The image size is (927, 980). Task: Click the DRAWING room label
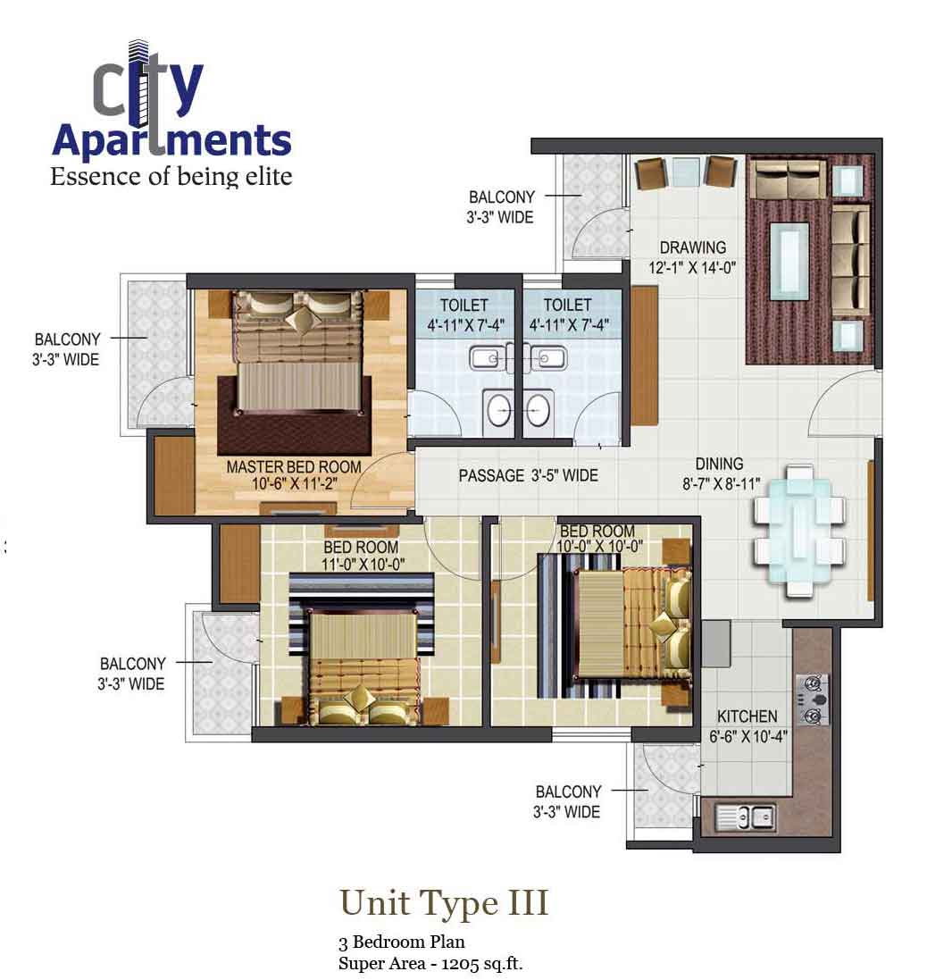[692, 247]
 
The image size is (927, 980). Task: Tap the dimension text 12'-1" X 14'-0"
[692, 268]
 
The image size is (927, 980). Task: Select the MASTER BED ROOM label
[294, 467]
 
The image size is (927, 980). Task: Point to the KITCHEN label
[747, 716]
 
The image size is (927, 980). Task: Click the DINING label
[720, 464]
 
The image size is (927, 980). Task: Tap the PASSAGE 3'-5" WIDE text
[529, 475]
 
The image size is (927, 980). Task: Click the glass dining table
[799, 532]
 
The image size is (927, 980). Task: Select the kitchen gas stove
[812, 700]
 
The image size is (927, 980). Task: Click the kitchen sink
[745, 817]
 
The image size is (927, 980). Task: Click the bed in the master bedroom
[298, 353]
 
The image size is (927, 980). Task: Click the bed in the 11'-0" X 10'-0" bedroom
[363, 666]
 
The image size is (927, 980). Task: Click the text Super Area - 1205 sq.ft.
[430, 963]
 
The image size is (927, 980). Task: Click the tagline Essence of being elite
[171, 176]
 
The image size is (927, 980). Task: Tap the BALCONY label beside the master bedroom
[68, 339]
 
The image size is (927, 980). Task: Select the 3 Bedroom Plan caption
[402, 942]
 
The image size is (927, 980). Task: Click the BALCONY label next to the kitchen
[569, 792]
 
